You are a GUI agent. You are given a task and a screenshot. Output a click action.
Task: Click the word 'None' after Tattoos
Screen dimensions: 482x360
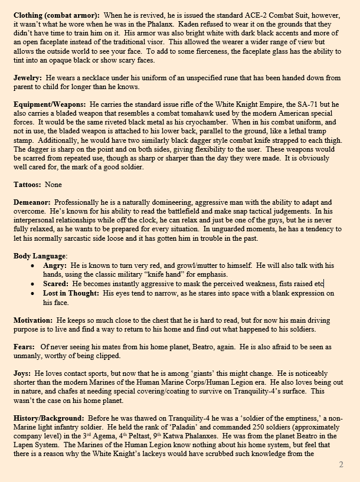coord(53,185)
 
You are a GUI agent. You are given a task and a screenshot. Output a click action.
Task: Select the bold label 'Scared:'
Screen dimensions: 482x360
coord(57,284)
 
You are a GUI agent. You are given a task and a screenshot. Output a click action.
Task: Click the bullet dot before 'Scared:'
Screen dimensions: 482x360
coord(32,284)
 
